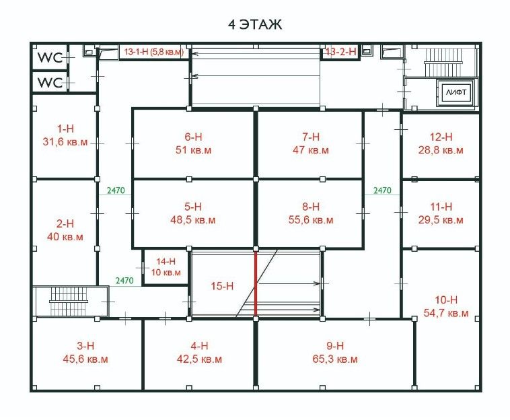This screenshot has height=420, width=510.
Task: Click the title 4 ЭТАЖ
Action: click(x=255, y=25)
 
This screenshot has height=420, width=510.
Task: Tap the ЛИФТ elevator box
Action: click(x=456, y=92)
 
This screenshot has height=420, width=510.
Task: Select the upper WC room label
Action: click(x=50, y=58)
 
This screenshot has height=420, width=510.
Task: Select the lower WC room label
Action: click(x=50, y=83)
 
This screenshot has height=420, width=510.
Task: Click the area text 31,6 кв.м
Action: click(x=65, y=142)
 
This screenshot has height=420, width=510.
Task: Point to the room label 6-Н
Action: click(x=193, y=137)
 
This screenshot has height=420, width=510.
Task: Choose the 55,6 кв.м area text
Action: click(x=311, y=220)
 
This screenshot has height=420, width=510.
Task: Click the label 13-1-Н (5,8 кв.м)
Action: click(x=154, y=52)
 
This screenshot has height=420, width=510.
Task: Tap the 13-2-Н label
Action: click(x=341, y=52)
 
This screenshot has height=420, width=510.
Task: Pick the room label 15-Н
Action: click(x=222, y=286)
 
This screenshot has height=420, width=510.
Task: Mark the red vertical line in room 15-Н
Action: click(x=256, y=283)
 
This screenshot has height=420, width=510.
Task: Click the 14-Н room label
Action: click(x=166, y=261)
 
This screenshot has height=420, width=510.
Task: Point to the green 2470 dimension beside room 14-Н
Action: click(x=124, y=281)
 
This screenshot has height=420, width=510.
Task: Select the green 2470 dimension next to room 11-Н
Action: click(x=382, y=190)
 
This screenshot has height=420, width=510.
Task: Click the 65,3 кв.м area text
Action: click(x=335, y=359)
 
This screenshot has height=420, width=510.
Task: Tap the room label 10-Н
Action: click(x=446, y=300)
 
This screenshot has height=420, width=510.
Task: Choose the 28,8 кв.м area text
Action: click(x=441, y=150)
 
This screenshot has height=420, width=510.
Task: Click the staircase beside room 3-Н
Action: click(x=69, y=302)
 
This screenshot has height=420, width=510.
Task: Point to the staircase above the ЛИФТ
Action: click(x=443, y=62)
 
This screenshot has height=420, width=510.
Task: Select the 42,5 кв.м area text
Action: click(x=199, y=359)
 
